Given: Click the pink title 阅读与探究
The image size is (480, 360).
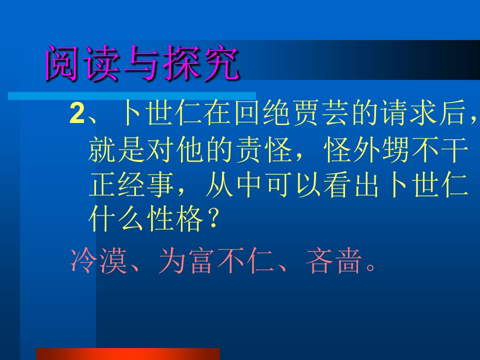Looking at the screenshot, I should click(x=142, y=64).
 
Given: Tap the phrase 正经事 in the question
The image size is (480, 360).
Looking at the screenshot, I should click(x=131, y=185).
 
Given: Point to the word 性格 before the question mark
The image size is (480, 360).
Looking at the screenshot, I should click(x=174, y=220).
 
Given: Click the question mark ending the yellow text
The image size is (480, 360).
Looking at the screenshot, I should click(x=212, y=220).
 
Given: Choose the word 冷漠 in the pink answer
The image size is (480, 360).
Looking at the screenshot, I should click(x=98, y=262).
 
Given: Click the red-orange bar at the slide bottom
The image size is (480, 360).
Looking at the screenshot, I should click(x=128, y=354).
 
